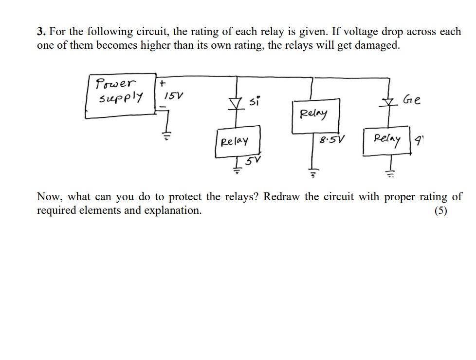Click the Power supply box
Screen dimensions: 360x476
120,95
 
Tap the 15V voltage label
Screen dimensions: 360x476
173,96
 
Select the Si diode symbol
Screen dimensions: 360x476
237,103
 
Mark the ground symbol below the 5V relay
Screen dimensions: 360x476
237,170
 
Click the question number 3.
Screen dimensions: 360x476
41,32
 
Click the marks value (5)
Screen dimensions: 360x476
441,211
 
